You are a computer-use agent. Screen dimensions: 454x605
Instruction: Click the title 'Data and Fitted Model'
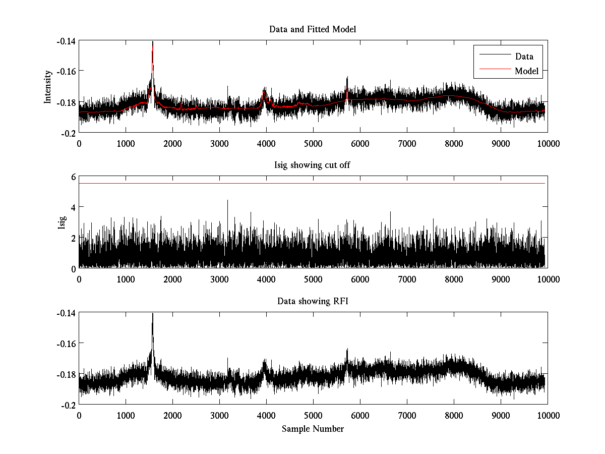pos(313,29)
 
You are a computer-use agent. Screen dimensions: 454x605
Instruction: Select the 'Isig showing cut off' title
pos(313,165)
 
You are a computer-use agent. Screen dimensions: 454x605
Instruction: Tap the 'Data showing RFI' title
pos(313,301)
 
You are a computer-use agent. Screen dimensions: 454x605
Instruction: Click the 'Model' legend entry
pos(526,71)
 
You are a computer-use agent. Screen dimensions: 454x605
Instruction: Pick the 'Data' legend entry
pos(524,56)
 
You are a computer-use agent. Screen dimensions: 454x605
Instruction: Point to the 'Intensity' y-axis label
pos(48,86)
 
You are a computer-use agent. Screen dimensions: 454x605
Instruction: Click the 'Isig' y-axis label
pos(62,222)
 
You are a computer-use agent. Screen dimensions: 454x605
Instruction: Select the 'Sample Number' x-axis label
pos(313,429)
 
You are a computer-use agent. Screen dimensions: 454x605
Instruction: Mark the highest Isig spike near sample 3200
pos(227,201)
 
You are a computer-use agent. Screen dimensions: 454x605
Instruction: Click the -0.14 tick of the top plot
pos(66,41)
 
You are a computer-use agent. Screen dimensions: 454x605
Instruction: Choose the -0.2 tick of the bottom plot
pos(68,405)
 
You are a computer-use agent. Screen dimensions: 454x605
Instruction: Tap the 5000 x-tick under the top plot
pos(313,143)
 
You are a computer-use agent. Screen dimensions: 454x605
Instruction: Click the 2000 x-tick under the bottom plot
pos(172,415)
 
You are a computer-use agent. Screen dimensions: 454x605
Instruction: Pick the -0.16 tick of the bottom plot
pos(66,344)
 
